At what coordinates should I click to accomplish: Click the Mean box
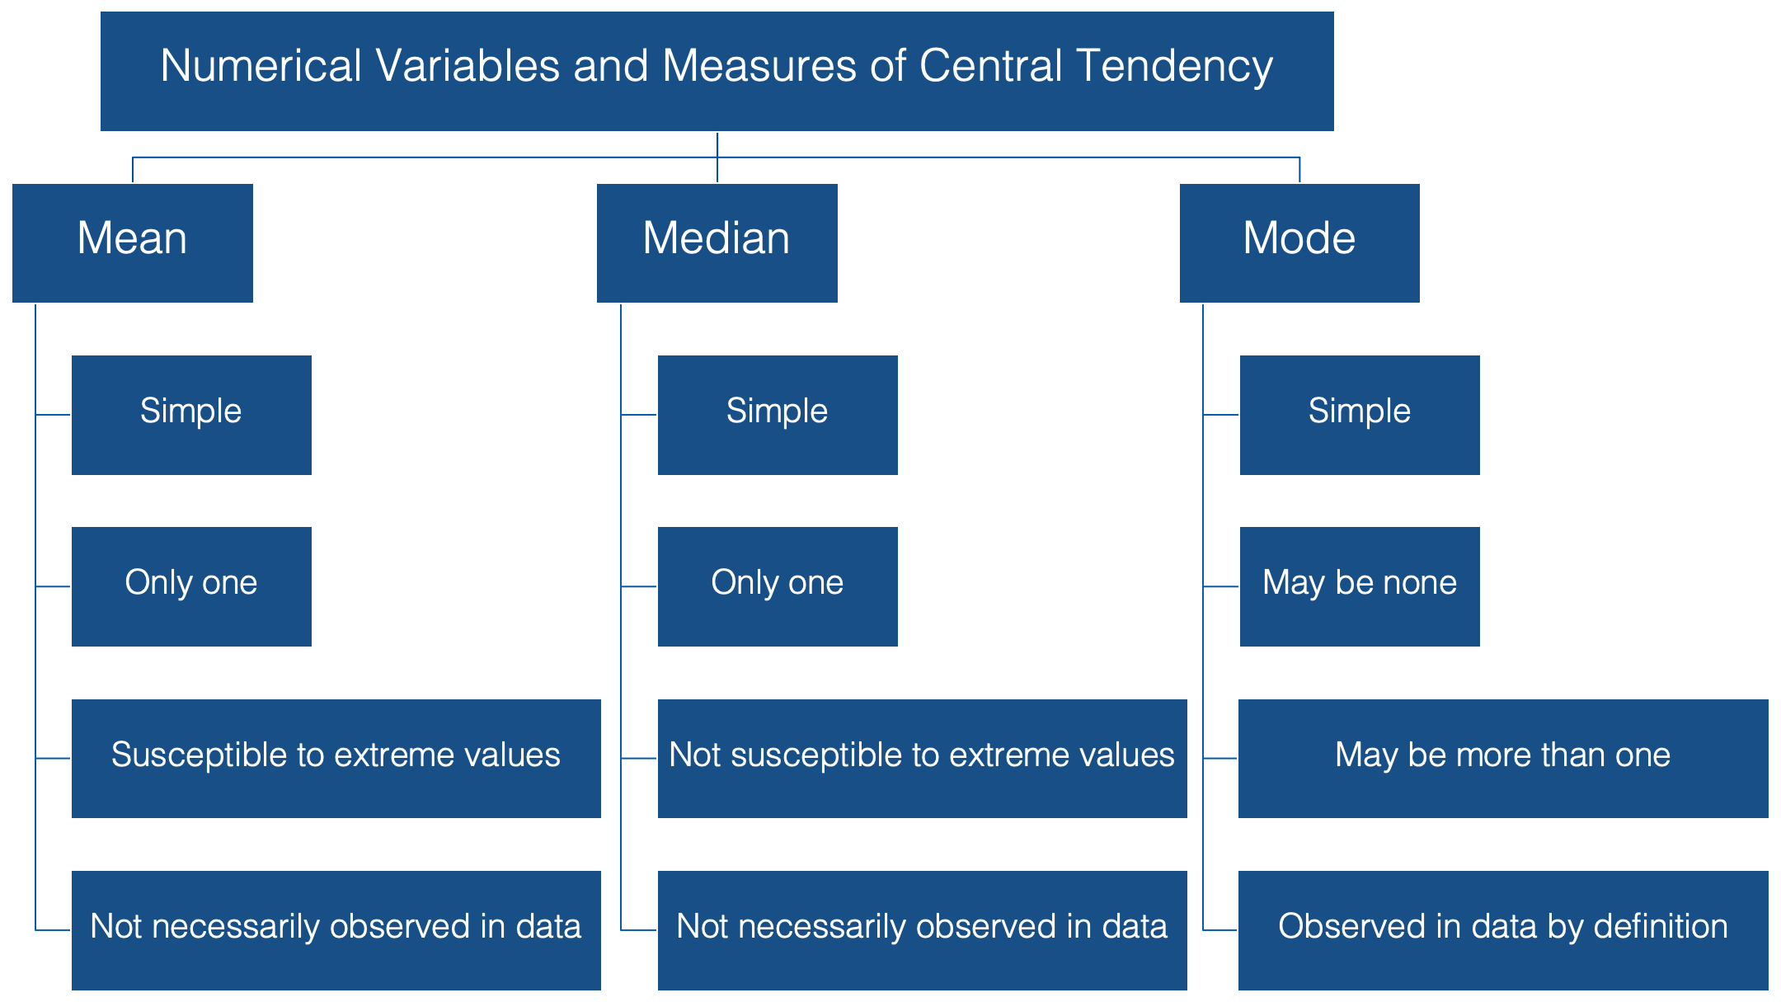tap(133, 243)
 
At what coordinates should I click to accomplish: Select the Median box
tap(717, 243)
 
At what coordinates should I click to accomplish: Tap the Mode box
tap(1299, 243)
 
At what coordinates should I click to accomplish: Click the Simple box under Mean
tap(191, 415)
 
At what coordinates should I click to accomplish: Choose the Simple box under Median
tap(778, 415)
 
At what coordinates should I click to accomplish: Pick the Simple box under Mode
tap(1360, 415)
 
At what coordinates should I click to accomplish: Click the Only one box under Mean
tap(191, 586)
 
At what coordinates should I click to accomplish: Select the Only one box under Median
tap(778, 586)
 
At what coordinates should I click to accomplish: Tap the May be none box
tap(1360, 586)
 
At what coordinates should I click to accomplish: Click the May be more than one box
tap(1503, 759)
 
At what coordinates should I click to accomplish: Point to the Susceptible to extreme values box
tap(336, 759)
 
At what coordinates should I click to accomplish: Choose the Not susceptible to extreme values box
tap(923, 759)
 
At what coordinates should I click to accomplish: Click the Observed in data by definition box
tap(1503, 930)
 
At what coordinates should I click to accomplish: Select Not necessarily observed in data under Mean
tap(336, 930)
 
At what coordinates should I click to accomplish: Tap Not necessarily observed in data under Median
tap(923, 930)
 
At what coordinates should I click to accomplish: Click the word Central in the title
tap(991, 65)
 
